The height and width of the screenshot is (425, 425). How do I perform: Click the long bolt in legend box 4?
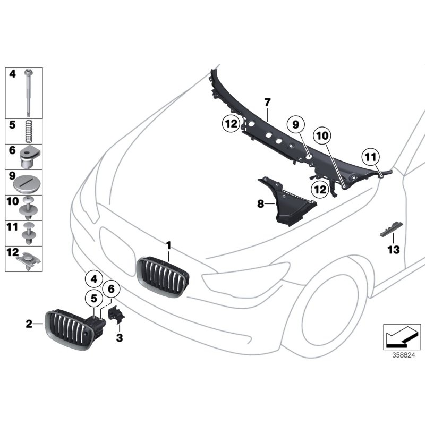[27, 93]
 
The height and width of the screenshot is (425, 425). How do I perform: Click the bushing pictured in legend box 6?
[27, 157]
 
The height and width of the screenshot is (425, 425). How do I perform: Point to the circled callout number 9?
[295, 125]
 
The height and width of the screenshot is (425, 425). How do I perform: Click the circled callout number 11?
[370, 157]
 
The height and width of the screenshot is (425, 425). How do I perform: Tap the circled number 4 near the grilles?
[93, 278]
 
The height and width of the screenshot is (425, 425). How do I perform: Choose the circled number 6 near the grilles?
[112, 288]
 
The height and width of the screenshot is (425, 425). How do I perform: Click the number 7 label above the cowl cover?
[268, 101]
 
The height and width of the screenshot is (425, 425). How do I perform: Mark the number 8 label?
[261, 204]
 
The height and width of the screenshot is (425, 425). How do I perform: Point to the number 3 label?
[120, 337]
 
